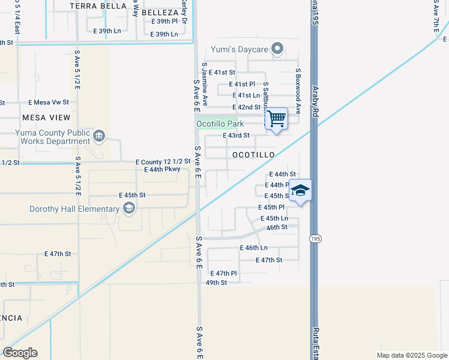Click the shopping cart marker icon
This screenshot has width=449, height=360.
(x=276, y=118)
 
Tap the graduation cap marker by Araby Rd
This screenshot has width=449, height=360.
(x=300, y=191)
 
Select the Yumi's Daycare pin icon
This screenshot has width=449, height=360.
(x=277, y=49)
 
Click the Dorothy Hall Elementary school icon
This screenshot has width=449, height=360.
(x=128, y=209)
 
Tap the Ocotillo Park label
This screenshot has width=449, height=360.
(x=220, y=124)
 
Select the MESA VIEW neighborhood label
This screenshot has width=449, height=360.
(x=46, y=118)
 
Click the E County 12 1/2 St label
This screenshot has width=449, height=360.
(x=163, y=161)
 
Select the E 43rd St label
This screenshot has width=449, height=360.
(x=236, y=136)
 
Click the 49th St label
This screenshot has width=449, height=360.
(x=216, y=282)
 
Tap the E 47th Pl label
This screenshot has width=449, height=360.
(x=223, y=273)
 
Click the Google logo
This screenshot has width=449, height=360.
(x=20, y=353)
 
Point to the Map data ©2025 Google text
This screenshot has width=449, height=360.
(x=411, y=355)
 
